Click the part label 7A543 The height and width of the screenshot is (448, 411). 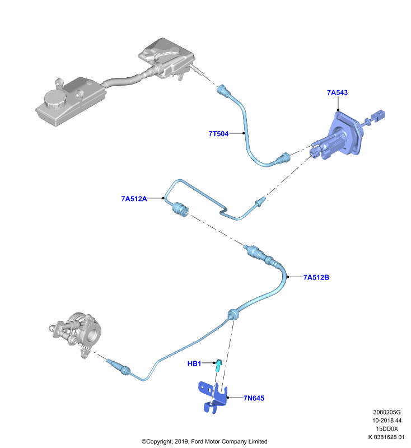[x=337, y=92]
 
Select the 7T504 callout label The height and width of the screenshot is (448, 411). [x=218, y=134]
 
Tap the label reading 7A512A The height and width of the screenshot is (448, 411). [x=134, y=199]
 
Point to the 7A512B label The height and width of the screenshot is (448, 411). [x=316, y=277]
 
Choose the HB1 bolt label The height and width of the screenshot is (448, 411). [x=194, y=363]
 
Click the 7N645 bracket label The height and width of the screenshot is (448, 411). [x=254, y=398]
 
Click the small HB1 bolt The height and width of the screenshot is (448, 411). [x=218, y=365]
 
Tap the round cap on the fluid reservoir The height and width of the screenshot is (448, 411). [x=55, y=99]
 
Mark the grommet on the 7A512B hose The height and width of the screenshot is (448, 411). [x=233, y=315]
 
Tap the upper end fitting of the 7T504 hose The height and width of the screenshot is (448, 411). [x=224, y=91]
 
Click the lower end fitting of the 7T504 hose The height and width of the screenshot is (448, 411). [x=283, y=158]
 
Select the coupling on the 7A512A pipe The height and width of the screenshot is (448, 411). [x=180, y=209]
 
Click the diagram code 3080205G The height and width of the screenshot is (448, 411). [x=387, y=412]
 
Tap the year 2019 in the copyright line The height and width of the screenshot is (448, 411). [x=181, y=441]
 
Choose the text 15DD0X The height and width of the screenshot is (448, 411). [x=387, y=428]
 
